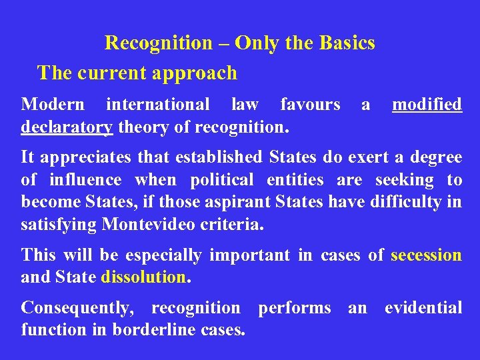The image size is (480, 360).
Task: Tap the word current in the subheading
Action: [110, 73]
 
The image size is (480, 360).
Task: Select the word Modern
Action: [53, 105]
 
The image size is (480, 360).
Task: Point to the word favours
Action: [310, 105]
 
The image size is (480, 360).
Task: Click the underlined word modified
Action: [427, 105]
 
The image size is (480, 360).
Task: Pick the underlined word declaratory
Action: [67, 127]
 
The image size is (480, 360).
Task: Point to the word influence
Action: [85, 180]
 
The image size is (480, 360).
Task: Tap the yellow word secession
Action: [426, 255]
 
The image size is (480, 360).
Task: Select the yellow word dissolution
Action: [143, 277]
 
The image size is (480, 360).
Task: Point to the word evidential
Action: [423, 308]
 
